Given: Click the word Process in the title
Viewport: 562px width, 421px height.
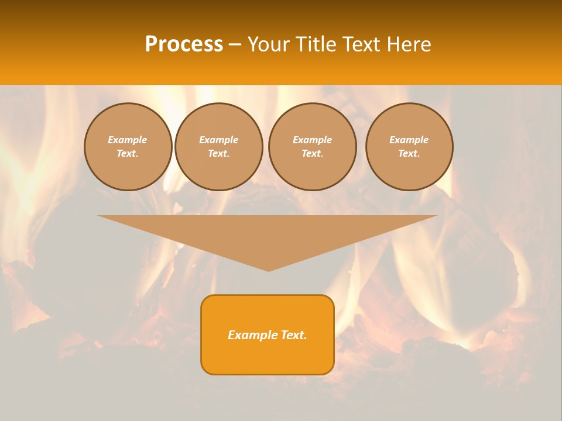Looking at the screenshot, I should pos(184,44).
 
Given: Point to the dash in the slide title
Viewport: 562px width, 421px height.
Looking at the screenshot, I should pos(235,45).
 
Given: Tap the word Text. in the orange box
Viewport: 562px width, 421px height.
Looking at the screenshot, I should pos(294,335).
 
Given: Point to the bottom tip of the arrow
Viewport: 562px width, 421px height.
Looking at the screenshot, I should pos(268,270).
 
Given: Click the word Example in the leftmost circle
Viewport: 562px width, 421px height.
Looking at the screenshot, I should pos(128,140).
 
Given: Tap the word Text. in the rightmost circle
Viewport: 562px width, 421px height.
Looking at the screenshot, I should pos(409,153).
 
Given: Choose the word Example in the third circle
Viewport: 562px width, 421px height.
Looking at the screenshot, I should pos(313,140).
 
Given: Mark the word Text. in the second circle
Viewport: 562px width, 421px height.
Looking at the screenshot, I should pos(219,153).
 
